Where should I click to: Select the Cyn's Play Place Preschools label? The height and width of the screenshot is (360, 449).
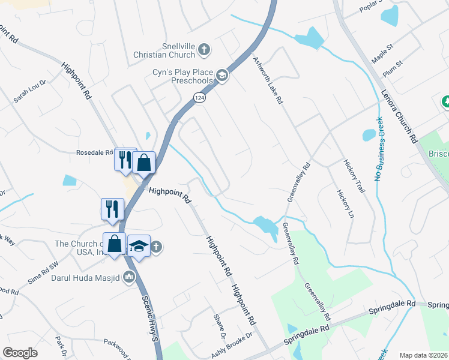pyautogui.click(x=182, y=76)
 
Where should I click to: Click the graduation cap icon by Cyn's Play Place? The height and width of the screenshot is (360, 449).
pyautogui.click(x=221, y=75)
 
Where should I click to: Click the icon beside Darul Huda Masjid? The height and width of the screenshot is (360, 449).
pyautogui.click(x=128, y=277)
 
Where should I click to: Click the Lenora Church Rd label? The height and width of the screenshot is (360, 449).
pyautogui.click(x=399, y=116)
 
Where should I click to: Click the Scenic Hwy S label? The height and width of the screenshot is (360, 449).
pyautogui.click(x=149, y=318)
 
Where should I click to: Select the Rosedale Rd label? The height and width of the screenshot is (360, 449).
pyautogui.click(x=94, y=152)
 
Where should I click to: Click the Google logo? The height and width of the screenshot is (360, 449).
pyautogui.click(x=20, y=353)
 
